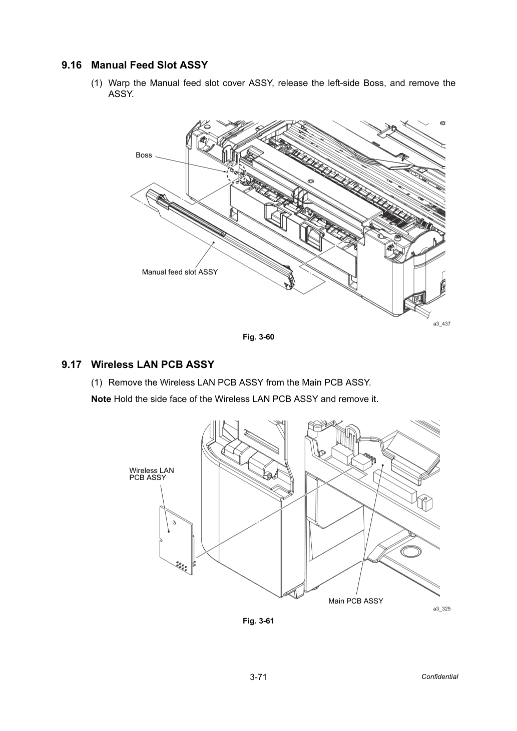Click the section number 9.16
tap(72, 65)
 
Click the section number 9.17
tap(72, 364)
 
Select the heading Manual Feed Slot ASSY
tap(150, 65)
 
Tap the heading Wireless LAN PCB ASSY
tap(153, 364)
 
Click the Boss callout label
tap(144, 155)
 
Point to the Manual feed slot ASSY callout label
tap(180, 272)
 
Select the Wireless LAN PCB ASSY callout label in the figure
tap(152, 474)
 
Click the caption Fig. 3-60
tap(258, 337)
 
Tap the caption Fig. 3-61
tap(258, 620)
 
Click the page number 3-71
tap(258, 677)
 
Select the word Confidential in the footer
tap(439, 677)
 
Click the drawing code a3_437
tap(442, 323)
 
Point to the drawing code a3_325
tap(442, 608)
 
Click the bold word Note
tap(101, 399)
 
